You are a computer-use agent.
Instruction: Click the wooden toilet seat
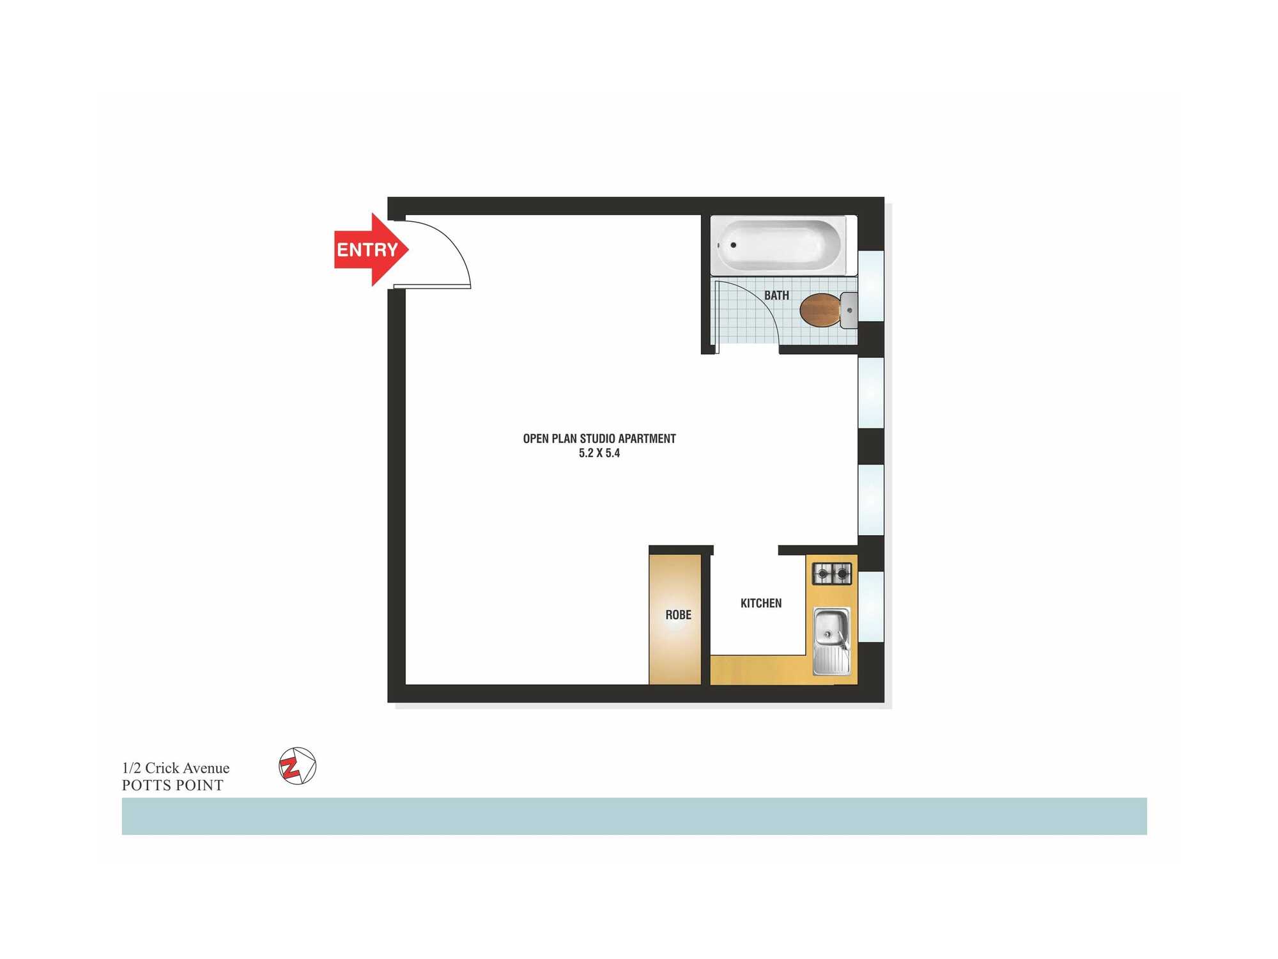click(820, 310)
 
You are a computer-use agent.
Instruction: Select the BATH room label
click(776, 295)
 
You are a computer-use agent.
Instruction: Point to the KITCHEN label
click(760, 603)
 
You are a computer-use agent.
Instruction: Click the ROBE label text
click(678, 615)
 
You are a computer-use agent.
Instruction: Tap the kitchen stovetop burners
click(831, 573)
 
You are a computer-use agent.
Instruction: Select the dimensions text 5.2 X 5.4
click(599, 453)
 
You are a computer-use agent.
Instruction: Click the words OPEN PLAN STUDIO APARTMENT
click(599, 439)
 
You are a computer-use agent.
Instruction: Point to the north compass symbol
click(297, 766)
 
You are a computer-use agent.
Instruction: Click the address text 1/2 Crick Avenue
click(176, 768)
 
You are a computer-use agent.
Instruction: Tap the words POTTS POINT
click(173, 785)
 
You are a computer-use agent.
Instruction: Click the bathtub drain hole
click(733, 245)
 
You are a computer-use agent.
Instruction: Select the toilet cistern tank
click(849, 310)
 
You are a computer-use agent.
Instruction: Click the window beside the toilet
click(871, 286)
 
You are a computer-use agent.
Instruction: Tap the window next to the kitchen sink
click(871, 606)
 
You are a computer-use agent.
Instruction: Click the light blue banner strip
click(634, 816)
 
